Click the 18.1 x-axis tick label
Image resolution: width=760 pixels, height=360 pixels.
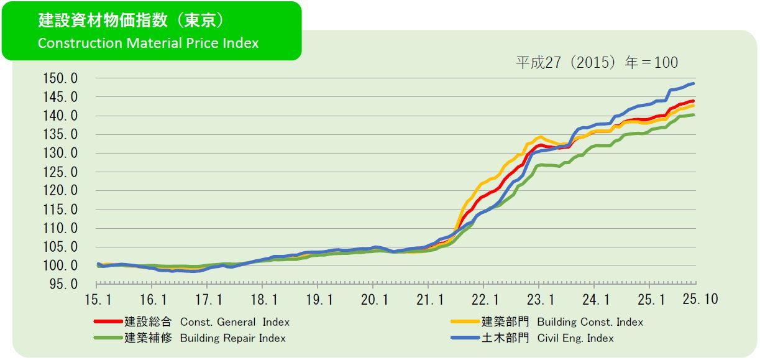(x=263, y=300)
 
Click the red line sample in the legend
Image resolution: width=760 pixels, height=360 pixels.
(x=108, y=322)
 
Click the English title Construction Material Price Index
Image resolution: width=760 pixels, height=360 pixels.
(x=148, y=44)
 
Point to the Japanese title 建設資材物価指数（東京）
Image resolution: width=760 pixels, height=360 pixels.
(x=130, y=21)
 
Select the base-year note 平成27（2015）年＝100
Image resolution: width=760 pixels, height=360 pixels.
(x=597, y=63)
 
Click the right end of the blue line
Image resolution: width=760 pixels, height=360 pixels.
(x=693, y=83)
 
